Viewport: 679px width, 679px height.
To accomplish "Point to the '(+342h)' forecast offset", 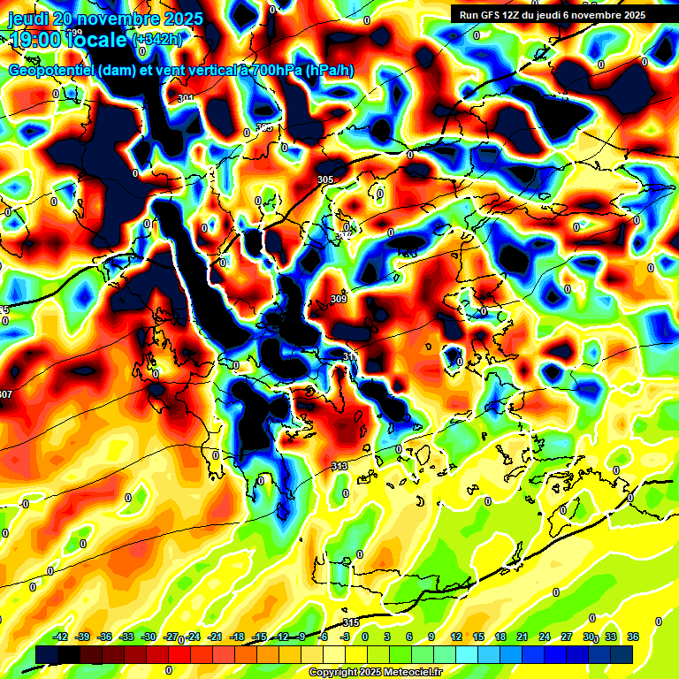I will (x=158, y=40).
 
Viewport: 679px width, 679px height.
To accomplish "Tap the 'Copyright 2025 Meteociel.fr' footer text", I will (x=375, y=673).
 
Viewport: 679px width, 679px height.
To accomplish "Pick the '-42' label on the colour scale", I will (x=61, y=637).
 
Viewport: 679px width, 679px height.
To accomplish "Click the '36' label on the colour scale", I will (x=633, y=637).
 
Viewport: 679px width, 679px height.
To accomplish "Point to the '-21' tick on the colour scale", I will (x=215, y=637).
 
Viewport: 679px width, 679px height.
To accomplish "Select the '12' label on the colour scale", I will (x=456, y=637).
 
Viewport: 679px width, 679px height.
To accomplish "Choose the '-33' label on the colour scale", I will (x=126, y=637).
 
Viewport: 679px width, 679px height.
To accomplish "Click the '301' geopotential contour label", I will (x=186, y=98).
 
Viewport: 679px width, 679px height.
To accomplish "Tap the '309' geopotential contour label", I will (x=338, y=300).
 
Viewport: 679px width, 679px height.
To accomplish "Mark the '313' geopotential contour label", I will (x=339, y=466).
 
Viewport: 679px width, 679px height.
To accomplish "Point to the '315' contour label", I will (x=351, y=623).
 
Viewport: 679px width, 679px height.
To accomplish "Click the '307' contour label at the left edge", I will (x=6, y=394).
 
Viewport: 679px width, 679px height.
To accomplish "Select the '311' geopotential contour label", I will (x=350, y=357).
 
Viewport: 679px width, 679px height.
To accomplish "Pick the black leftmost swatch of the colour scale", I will (x=47, y=653).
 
